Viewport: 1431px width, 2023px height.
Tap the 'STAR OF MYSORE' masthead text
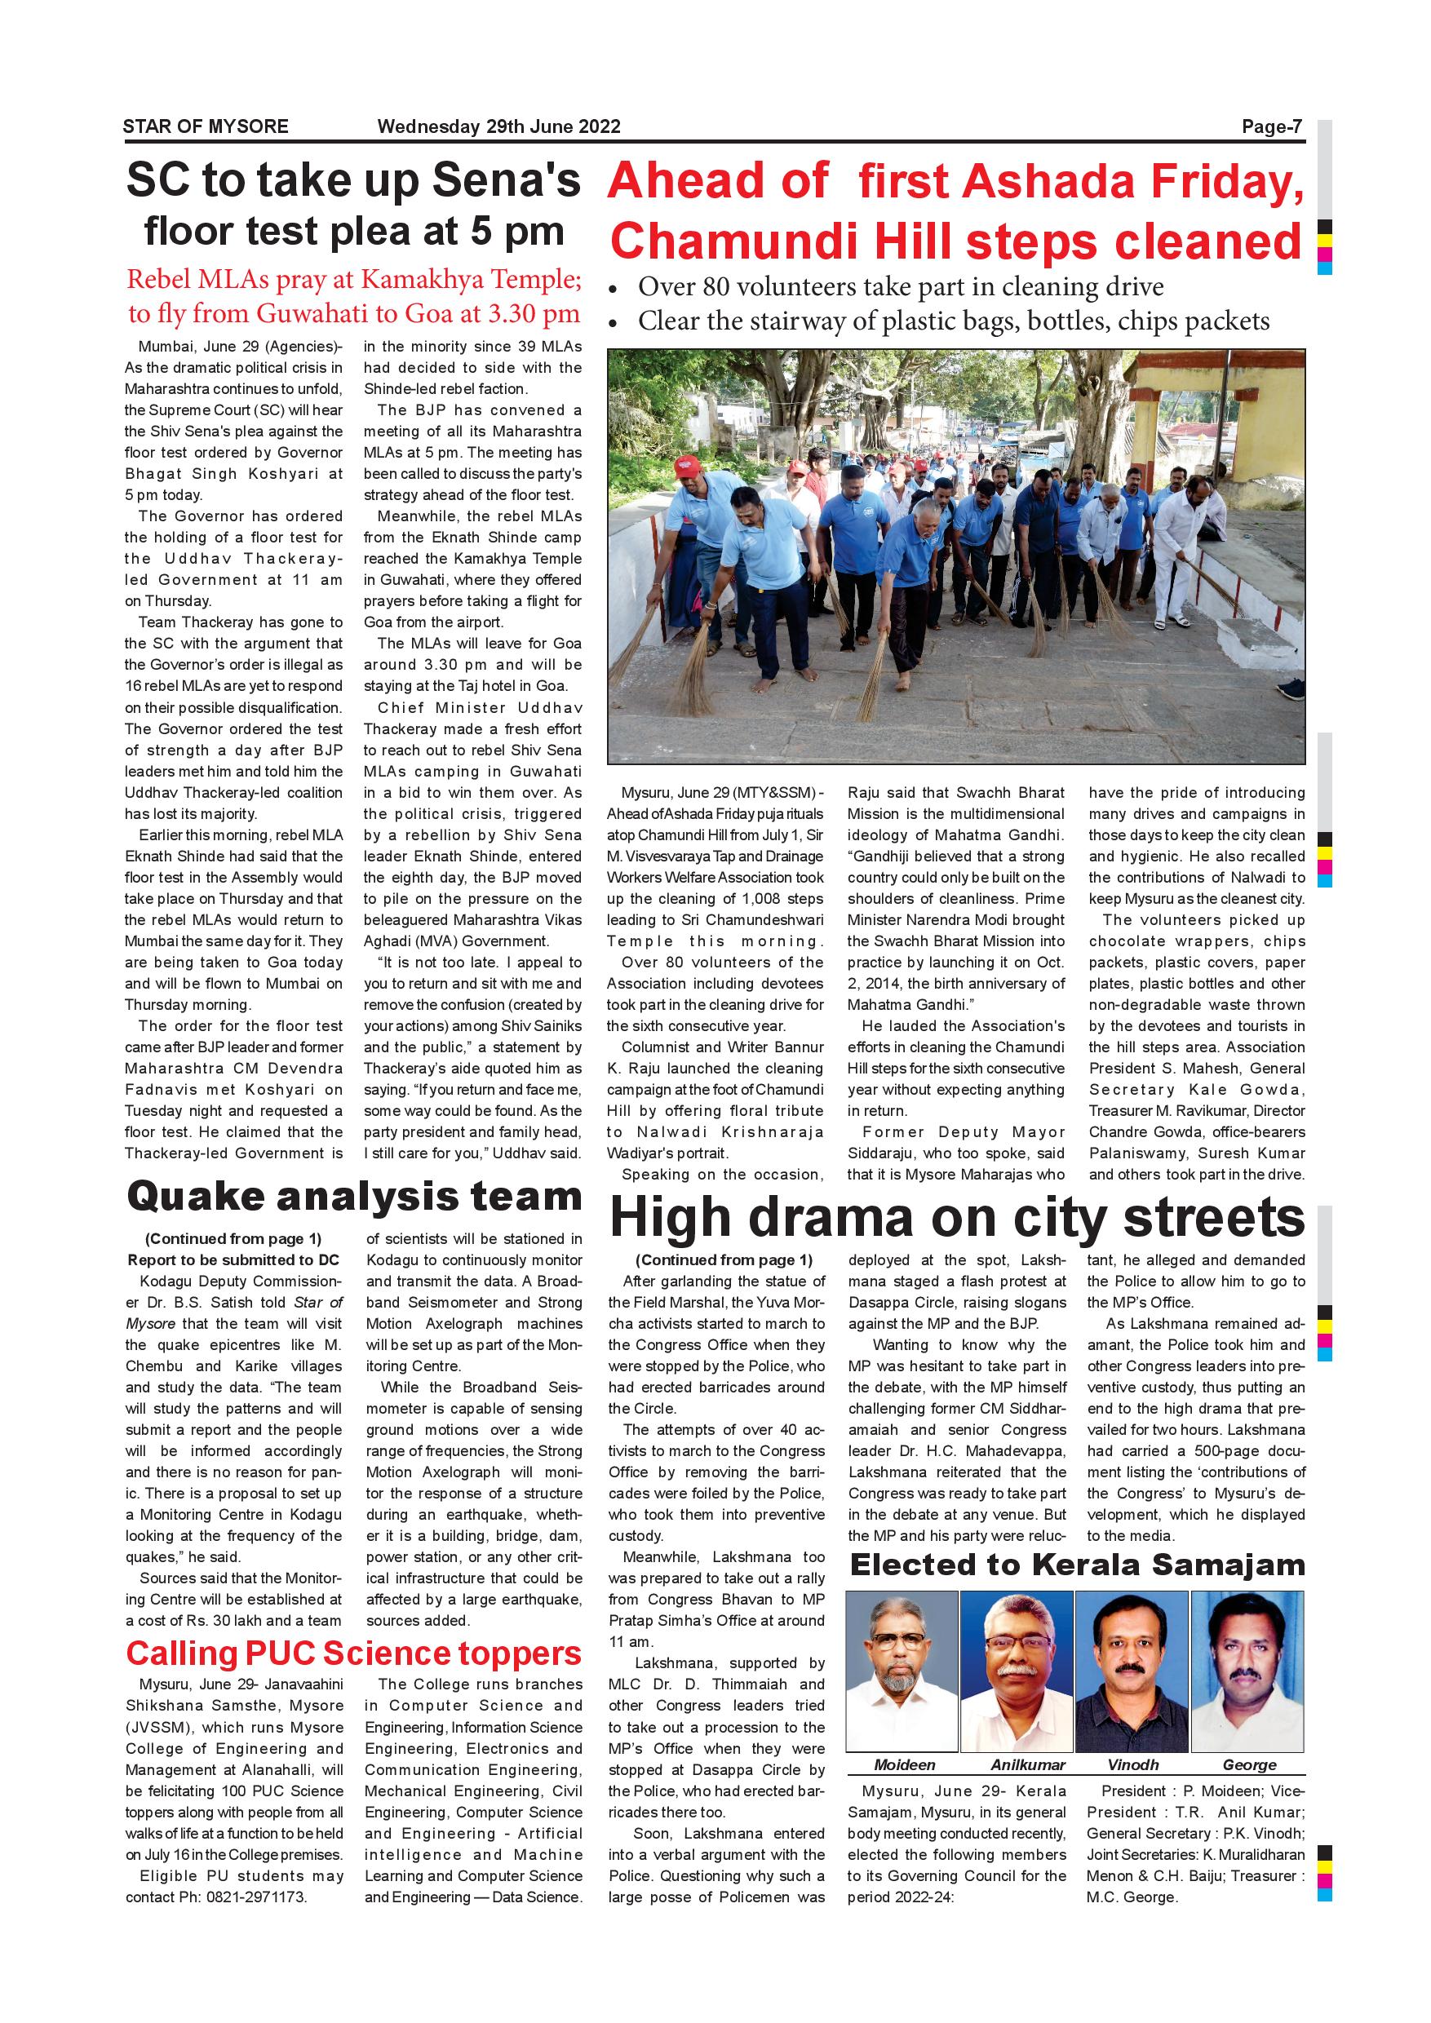click(x=206, y=126)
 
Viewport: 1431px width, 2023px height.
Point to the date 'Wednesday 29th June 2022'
click(x=498, y=126)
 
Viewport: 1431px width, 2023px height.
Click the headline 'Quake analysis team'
click(x=353, y=1197)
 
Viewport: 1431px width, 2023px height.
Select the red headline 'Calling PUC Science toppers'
click(x=353, y=1653)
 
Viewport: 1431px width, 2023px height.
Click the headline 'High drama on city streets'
click(x=957, y=1218)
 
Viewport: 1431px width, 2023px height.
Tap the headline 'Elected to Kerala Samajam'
click(x=1077, y=1565)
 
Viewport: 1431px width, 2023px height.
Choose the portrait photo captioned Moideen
click(x=902, y=1671)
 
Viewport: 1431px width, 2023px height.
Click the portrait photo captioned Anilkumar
click(x=1017, y=1671)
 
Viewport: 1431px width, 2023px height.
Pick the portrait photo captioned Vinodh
click(x=1132, y=1671)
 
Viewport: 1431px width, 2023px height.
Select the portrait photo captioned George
click(x=1247, y=1671)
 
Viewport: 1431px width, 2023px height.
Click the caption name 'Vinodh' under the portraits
click(x=1133, y=1765)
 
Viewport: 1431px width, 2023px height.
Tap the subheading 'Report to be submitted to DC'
click(x=233, y=1260)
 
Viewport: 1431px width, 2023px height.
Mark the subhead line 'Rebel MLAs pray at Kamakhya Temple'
click(x=353, y=279)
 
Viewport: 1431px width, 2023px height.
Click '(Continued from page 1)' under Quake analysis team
click(x=233, y=1239)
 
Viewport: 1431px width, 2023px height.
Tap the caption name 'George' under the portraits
click(x=1248, y=1765)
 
